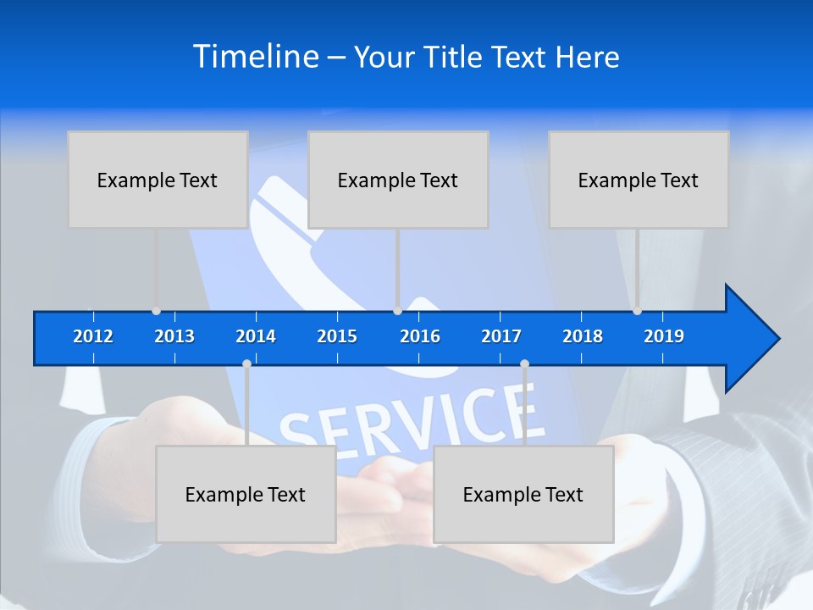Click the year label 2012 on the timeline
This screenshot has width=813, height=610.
pyautogui.click(x=93, y=336)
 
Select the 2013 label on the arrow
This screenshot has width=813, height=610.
pyautogui.click(x=174, y=336)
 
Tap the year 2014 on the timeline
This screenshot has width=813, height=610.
pyautogui.click(x=256, y=336)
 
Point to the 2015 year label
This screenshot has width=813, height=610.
pyautogui.click(x=337, y=336)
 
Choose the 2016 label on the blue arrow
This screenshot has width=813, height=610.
pyautogui.click(x=420, y=336)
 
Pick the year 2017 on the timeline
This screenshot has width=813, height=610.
pyautogui.click(x=501, y=336)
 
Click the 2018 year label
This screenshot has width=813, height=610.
pyautogui.click(x=583, y=336)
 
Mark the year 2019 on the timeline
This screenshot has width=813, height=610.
pyautogui.click(x=664, y=336)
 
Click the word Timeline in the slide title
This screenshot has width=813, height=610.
pyautogui.click(x=255, y=57)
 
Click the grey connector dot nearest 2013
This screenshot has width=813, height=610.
pyautogui.click(x=156, y=311)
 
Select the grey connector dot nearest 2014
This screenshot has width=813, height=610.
pyautogui.click(x=246, y=364)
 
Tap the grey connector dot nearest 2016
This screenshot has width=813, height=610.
pyautogui.click(x=397, y=311)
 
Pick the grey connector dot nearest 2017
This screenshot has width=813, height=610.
pyautogui.click(x=524, y=364)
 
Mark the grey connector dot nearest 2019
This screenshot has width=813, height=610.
pyautogui.click(x=637, y=311)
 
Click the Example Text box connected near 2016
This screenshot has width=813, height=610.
pyautogui.click(x=397, y=180)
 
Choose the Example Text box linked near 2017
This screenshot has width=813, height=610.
pyautogui.click(x=523, y=494)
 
